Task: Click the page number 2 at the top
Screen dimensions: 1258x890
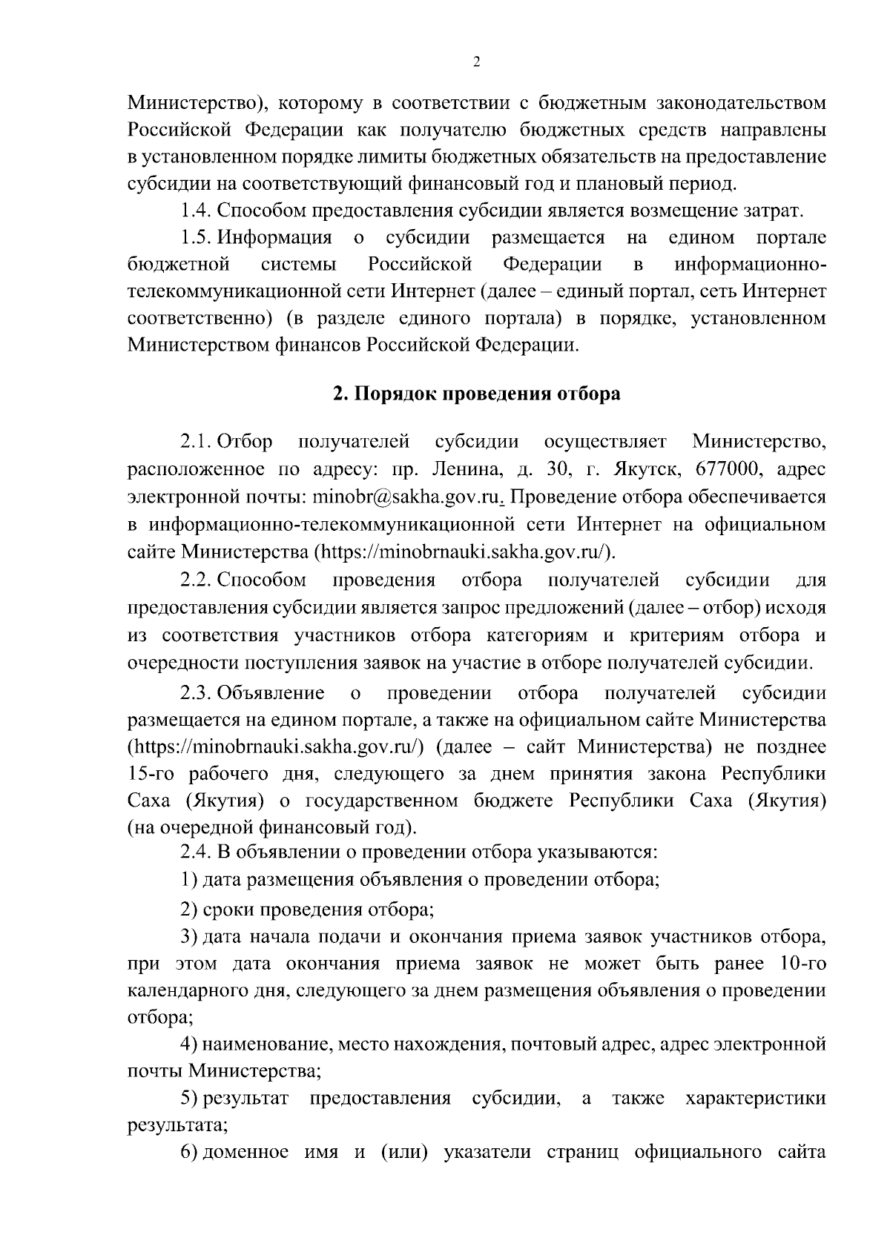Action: (x=476, y=62)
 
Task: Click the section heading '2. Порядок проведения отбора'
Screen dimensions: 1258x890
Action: (x=476, y=394)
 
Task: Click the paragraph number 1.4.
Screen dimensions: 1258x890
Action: (x=197, y=211)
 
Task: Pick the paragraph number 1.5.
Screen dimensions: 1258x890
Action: (x=197, y=238)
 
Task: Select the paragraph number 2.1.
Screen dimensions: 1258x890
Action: (x=197, y=442)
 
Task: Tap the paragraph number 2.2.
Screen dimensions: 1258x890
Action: (x=197, y=580)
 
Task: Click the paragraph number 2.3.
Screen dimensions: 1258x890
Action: (x=197, y=693)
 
